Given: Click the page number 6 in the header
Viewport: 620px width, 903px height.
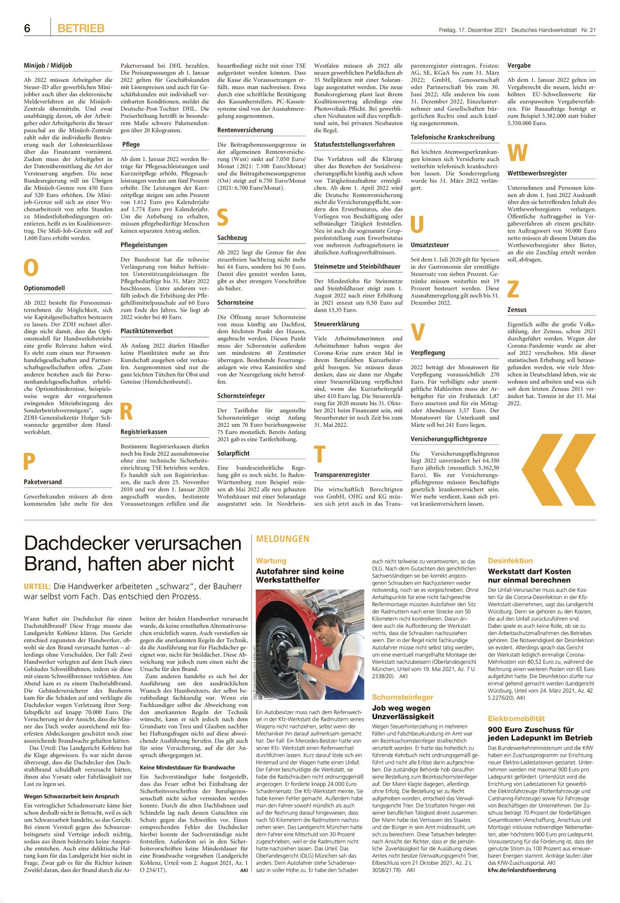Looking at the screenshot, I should (x=27, y=29).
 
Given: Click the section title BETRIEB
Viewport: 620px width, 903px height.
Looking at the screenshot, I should (x=81, y=29).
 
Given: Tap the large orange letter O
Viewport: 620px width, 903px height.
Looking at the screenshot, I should (x=31, y=268).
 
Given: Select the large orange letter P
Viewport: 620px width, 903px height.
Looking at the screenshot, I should (x=29, y=462).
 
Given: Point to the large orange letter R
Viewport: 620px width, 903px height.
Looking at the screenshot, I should (x=126, y=412).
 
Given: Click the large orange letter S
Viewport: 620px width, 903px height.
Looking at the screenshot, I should (x=223, y=218).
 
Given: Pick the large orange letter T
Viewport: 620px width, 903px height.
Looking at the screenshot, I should (x=319, y=455).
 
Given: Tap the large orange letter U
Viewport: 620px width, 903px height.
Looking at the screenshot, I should (x=417, y=225).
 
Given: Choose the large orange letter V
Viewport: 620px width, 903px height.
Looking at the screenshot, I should (x=418, y=332).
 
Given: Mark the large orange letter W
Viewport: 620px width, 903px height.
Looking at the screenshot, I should (x=517, y=153).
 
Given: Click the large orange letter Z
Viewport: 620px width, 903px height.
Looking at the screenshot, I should (x=513, y=289).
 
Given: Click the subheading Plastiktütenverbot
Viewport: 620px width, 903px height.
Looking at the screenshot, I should (x=147, y=331).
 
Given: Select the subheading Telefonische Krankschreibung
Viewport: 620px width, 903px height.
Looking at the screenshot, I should (x=452, y=137).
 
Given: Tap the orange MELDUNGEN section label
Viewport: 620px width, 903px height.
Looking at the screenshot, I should (x=282, y=539).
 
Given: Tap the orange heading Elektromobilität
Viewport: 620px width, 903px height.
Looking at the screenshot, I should (x=516, y=718).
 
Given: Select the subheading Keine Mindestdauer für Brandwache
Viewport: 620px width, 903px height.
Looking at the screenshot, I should (x=187, y=767).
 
